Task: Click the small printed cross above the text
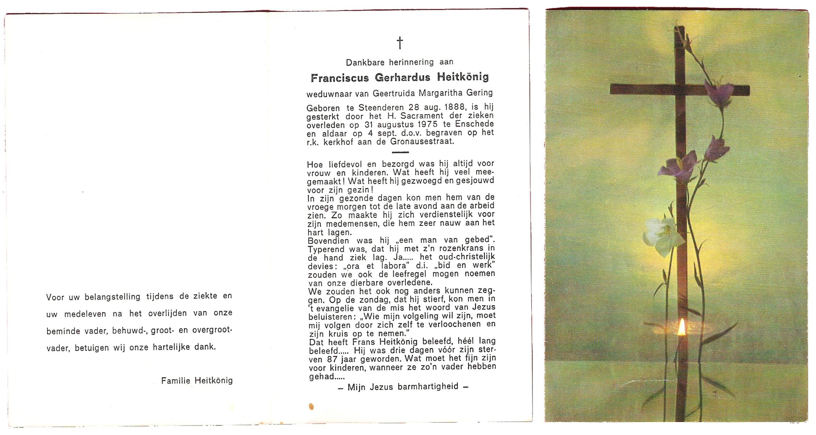(399, 43)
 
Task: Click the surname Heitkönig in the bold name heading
(463, 77)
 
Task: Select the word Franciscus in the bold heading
(340, 78)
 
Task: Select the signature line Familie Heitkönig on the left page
(197, 381)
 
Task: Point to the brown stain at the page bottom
(311, 406)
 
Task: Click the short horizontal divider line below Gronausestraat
(400, 152)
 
